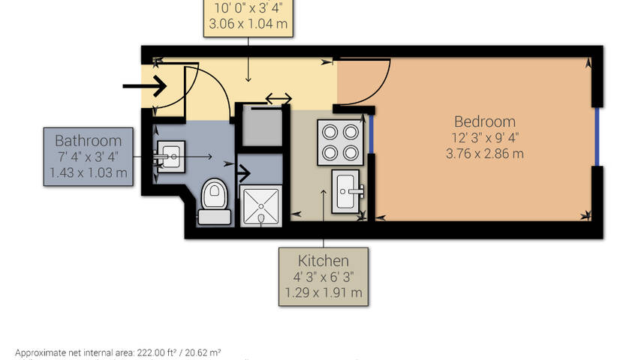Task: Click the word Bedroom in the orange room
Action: [x=485, y=121]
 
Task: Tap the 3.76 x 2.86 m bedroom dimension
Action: [x=485, y=154]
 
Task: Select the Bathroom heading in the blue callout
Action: [x=89, y=141]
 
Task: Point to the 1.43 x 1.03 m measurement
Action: [x=89, y=173]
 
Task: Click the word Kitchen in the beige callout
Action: [x=324, y=261]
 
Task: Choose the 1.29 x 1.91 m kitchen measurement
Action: [x=324, y=292]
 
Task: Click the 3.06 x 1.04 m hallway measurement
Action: [x=248, y=23]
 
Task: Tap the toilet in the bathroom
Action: [x=215, y=201]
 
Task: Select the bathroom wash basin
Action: [x=170, y=156]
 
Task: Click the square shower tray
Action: [x=260, y=205]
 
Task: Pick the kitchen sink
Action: [x=347, y=191]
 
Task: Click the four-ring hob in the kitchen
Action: [x=340, y=142]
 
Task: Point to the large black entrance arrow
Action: [x=145, y=85]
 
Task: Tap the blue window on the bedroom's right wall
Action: [x=597, y=136]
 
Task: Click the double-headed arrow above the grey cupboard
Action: [x=278, y=98]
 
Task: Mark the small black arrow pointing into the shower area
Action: [x=243, y=173]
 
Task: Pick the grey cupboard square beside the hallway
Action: [x=262, y=125]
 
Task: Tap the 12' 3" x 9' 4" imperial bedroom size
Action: [x=485, y=138]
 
